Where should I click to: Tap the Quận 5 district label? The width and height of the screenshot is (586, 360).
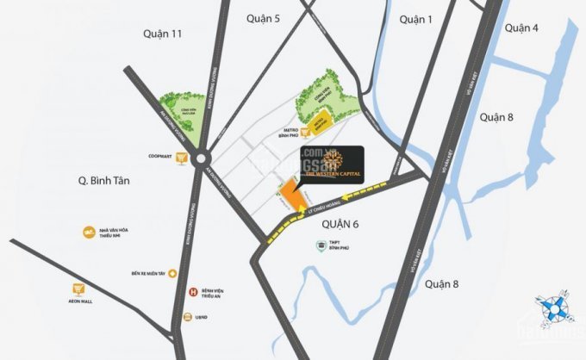click(264, 16)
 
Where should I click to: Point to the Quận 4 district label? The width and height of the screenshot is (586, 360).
click(521, 28)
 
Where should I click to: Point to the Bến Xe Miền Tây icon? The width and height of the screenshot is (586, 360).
click(173, 273)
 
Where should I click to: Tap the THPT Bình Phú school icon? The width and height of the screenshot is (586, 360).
click(321, 246)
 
